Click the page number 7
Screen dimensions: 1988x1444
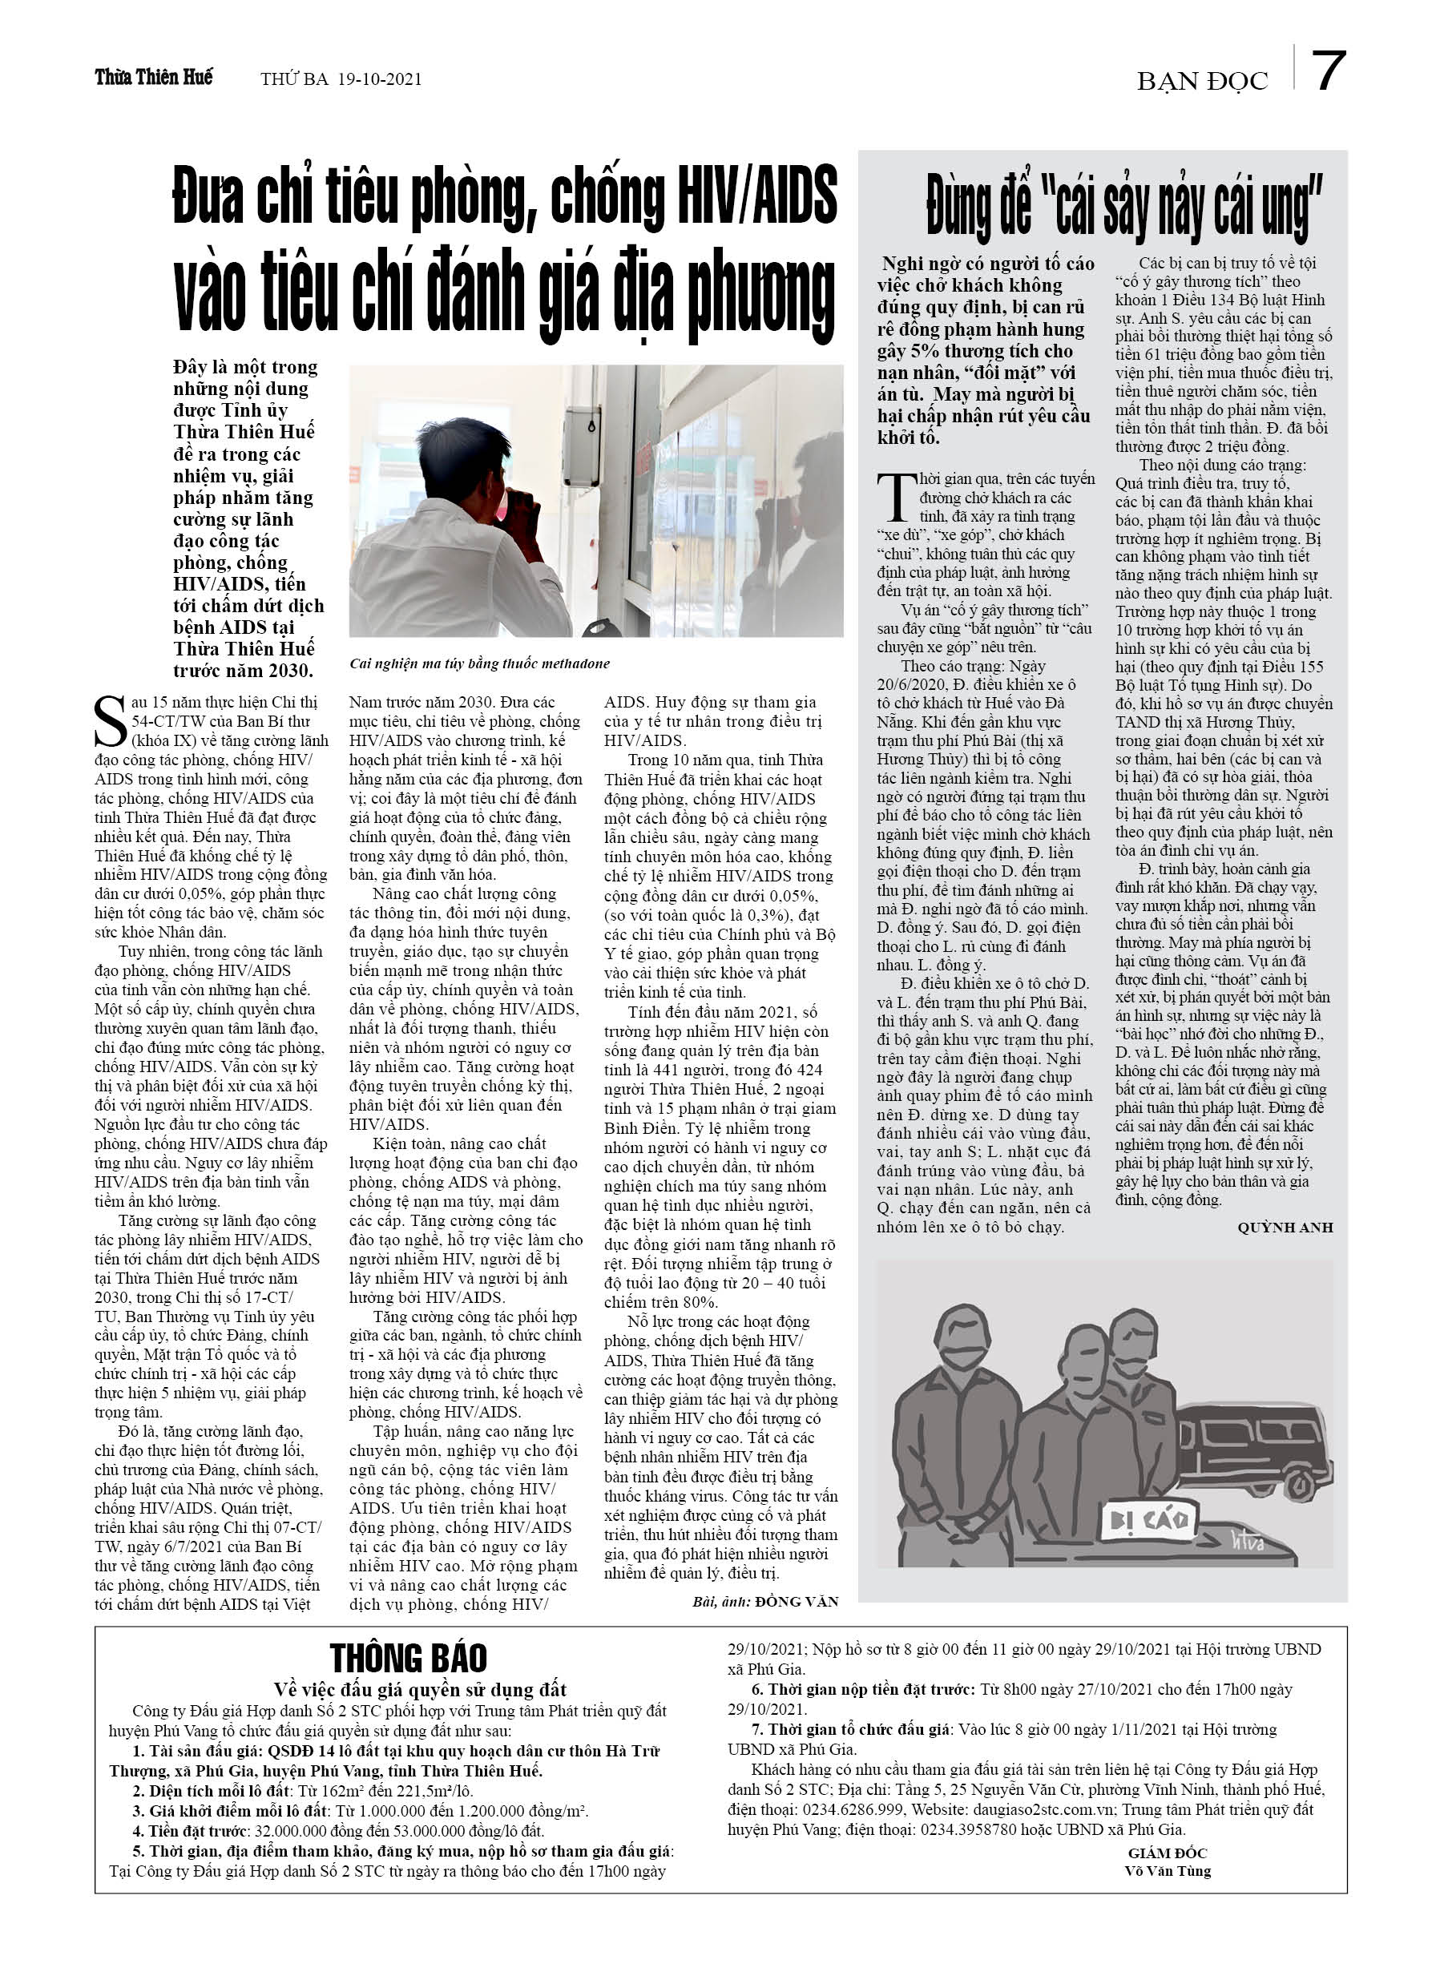1329,72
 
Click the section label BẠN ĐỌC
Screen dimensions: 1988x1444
1202,82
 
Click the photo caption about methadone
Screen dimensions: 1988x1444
478,663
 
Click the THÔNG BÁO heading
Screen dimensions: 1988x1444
408,1658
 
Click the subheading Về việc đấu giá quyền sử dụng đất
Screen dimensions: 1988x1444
420,1689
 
